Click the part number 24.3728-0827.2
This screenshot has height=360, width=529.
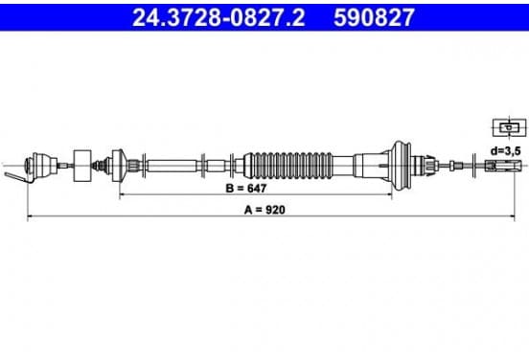(x=218, y=17)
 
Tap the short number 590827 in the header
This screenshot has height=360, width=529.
(x=374, y=17)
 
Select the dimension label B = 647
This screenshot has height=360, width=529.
(x=246, y=188)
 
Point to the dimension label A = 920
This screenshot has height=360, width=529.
(x=264, y=210)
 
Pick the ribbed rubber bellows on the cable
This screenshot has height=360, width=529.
(x=288, y=166)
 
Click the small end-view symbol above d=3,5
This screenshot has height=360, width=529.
(x=509, y=127)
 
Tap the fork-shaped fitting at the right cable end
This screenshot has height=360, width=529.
(x=503, y=166)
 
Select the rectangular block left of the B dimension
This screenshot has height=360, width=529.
(x=82, y=166)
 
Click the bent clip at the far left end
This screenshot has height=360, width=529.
(x=17, y=178)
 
